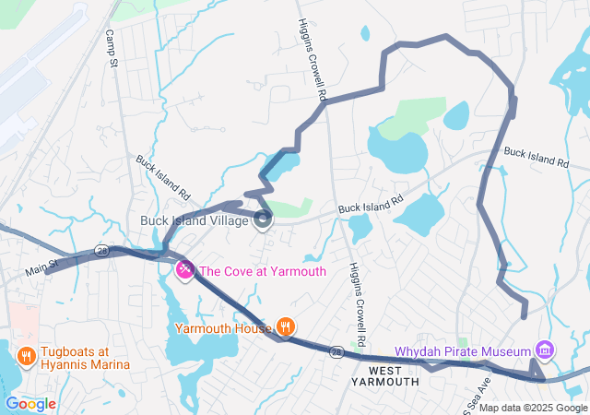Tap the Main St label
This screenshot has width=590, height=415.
coord(41,268)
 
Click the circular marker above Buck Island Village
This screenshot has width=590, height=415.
coord(264,219)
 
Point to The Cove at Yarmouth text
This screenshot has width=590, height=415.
coord(263,270)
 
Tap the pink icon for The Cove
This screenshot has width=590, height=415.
coord(184,270)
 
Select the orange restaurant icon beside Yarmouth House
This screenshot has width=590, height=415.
coord(287,326)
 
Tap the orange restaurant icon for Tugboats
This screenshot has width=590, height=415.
coord(25,353)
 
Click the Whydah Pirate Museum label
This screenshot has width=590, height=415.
coord(464,351)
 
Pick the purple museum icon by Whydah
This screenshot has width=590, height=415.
coord(545,350)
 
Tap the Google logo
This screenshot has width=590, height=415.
coord(31,403)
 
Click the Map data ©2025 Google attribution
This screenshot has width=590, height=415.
coord(532,408)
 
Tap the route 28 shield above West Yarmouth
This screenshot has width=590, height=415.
coord(337,351)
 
